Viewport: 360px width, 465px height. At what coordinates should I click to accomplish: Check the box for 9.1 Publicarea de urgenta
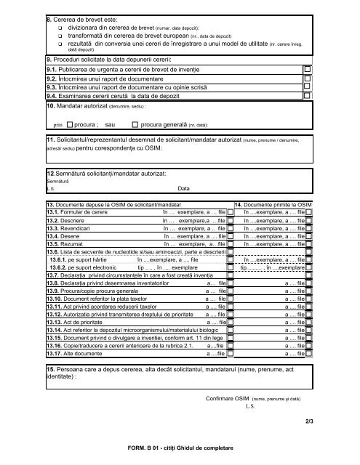(x=308, y=69)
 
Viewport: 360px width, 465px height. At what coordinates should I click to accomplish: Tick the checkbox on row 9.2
(x=308, y=78)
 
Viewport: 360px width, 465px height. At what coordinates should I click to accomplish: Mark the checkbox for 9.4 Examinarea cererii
(x=308, y=94)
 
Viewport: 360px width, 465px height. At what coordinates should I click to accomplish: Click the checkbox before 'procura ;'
(x=69, y=124)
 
